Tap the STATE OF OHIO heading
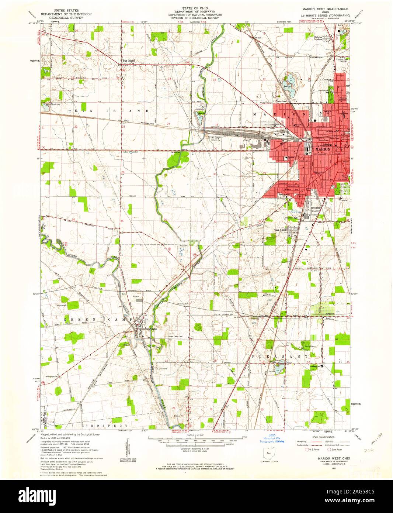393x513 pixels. pos(195,8)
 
